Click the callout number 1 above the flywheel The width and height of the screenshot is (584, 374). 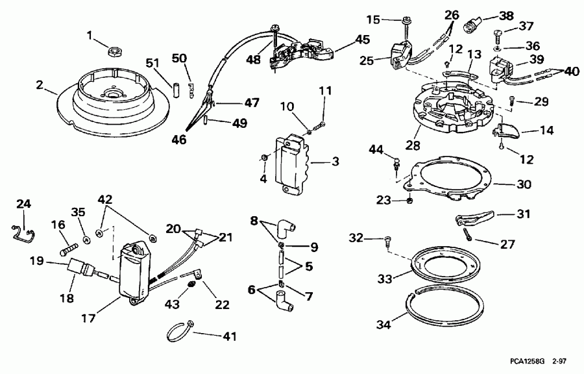(x=90, y=34)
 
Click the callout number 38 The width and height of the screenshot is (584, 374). (x=505, y=15)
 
